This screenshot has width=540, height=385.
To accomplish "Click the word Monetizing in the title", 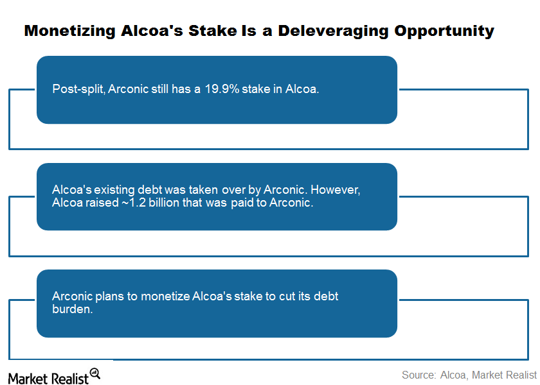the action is tap(70, 31).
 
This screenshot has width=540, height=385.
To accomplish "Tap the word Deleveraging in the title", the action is tap(333, 31).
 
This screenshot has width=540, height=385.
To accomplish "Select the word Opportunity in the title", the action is tap(444, 31).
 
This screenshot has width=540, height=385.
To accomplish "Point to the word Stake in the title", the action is tap(213, 31).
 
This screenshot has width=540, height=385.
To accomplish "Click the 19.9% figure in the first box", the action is tap(222, 89).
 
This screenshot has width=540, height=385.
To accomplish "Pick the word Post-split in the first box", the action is tap(79, 89).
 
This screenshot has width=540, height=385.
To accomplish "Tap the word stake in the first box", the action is tap(256, 89).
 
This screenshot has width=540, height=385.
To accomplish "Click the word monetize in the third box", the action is tap(165, 296).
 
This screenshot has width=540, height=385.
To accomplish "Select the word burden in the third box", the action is tap(71, 309).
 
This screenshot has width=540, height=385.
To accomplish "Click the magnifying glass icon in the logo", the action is tap(94, 373).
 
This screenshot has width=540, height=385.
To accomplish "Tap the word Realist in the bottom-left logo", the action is tap(69, 379).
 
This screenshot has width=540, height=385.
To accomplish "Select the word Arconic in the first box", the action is tap(128, 89).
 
